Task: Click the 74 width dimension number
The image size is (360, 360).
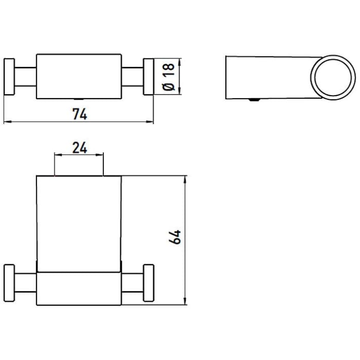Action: (79, 114)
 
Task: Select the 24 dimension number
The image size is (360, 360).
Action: (79, 148)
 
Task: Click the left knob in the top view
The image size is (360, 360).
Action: (10, 76)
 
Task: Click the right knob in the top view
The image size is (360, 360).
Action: (148, 76)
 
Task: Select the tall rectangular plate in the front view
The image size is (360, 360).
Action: (79, 221)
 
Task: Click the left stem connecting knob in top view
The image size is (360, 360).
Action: (25, 76)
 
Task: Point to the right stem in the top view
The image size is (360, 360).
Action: (133, 76)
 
